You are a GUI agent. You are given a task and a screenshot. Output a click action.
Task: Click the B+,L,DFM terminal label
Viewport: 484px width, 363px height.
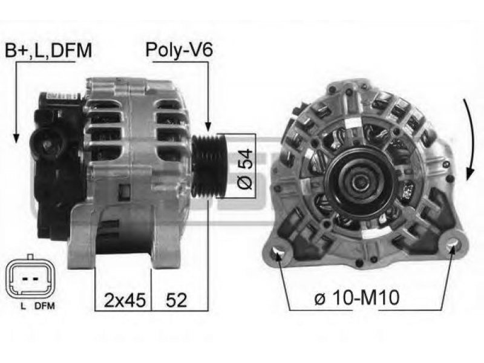tap(48, 50)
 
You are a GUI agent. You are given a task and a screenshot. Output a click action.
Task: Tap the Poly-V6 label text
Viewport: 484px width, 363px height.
tap(179, 50)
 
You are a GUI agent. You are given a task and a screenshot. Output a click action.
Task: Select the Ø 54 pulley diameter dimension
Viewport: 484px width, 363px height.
tap(245, 169)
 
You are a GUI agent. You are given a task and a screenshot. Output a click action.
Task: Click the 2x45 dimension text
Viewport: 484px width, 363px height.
tap(125, 300)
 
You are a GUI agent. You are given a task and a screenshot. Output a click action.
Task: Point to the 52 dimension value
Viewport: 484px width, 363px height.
tap(176, 300)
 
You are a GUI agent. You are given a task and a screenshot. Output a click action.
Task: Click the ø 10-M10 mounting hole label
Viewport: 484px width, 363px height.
tap(357, 298)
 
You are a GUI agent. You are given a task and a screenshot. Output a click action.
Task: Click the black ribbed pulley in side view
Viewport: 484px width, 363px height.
tap(209, 166)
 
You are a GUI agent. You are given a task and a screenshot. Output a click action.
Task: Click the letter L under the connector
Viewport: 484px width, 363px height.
tap(23, 306)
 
